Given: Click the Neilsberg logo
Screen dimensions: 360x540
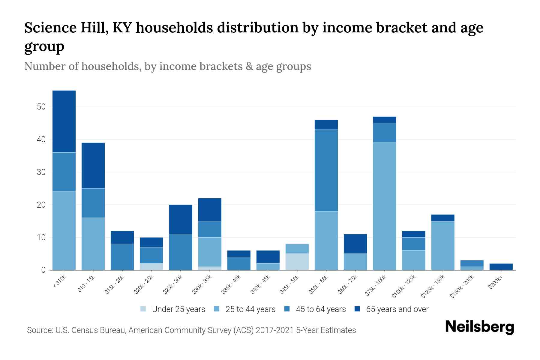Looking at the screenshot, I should pos(479,327).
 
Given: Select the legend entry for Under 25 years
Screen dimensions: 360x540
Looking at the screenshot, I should pos(173,309).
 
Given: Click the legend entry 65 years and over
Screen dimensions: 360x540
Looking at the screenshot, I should pos(391,309).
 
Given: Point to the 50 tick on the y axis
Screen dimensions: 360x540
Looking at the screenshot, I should pos(41,107).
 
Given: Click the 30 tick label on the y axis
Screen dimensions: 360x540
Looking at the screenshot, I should pos(41,172).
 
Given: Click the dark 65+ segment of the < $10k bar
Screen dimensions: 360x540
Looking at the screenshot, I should pos(64,121).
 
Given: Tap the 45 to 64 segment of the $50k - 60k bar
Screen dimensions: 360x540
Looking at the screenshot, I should pos(326,170).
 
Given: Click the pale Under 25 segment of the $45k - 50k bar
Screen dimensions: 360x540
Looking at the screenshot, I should pos(297,262).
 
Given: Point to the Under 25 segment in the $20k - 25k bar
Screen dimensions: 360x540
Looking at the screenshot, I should pos(151,267).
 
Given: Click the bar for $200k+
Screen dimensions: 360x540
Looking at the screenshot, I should pos(501,267).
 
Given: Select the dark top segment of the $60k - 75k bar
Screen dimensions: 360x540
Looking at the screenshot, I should pos(355,244).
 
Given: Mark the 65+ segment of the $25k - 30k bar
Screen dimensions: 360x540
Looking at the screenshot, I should pos(180,219).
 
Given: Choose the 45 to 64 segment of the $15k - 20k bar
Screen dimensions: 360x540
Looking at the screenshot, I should pos(122,257).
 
